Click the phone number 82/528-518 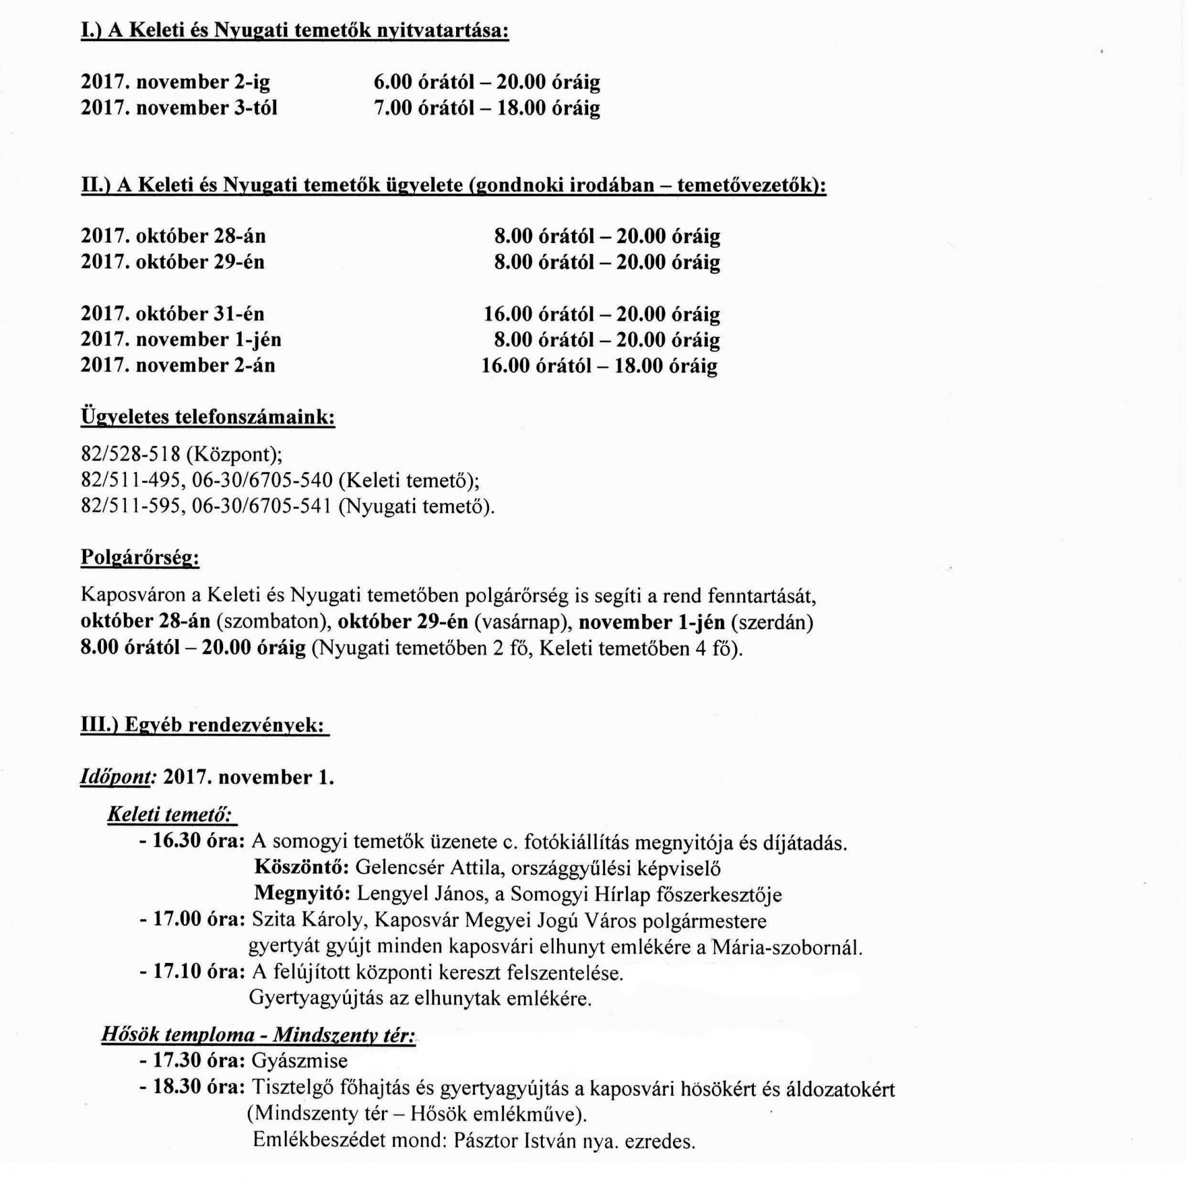130,454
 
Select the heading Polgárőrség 140,557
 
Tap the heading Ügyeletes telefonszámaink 207,417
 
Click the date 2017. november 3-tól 179,108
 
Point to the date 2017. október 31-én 173,313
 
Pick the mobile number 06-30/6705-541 261,506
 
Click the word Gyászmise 300,1060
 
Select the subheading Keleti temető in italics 170,815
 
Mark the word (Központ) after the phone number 234,454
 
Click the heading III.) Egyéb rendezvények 204,725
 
